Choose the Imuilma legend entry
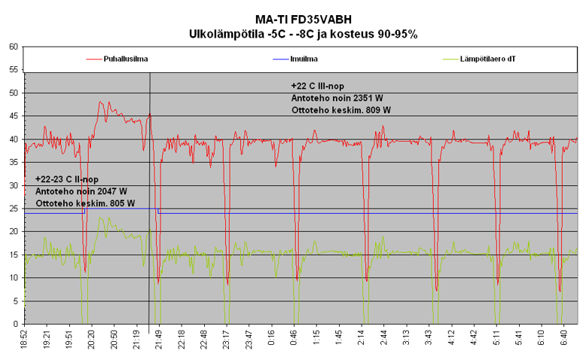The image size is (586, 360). click(x=304, y=58)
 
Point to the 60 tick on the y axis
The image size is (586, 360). click(x=14, y=46)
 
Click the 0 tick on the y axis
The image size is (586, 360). click(x=16, y=325)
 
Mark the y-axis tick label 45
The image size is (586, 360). click(x=14, y=116)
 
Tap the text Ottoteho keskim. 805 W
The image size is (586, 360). click(x=84, y=203)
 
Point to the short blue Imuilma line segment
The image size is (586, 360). click(x=121, y=209)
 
